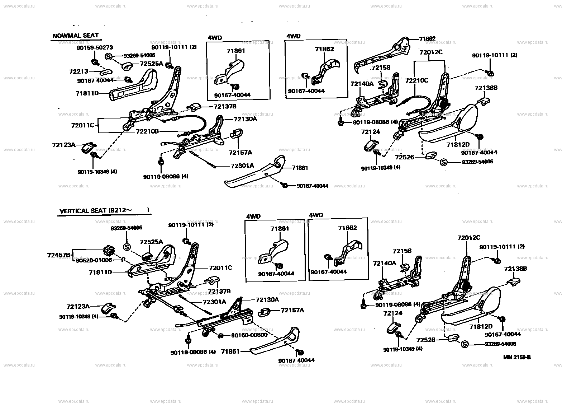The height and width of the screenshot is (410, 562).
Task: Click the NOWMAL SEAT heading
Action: (75, 36)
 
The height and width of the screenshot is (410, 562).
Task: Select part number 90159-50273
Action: (95, 47)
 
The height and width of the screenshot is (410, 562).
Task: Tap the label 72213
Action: (78, 72)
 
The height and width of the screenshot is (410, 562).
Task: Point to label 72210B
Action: (147, 131)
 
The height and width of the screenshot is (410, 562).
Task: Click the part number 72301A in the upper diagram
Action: (242, 166)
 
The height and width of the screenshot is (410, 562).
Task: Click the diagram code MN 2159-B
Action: (516, 357)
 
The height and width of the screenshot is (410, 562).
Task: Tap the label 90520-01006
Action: (94, 260)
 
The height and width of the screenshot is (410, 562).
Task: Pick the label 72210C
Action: (417, 80)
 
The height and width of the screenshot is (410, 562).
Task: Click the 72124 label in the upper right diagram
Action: (371, 132)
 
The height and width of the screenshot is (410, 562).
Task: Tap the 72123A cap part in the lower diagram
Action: (107, 309)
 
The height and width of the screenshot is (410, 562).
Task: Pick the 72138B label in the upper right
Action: (486, 88)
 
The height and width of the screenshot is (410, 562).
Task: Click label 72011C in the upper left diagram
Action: (82, 125)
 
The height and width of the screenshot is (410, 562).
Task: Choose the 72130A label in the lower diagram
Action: (267, 299)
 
